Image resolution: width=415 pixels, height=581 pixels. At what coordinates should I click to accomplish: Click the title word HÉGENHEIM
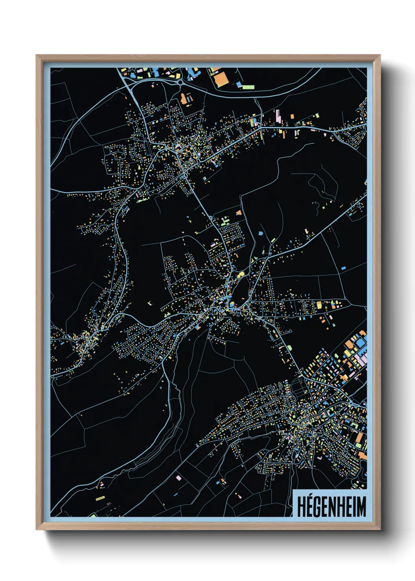[331, 506]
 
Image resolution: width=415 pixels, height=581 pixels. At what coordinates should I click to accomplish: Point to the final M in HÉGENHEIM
[360, 507]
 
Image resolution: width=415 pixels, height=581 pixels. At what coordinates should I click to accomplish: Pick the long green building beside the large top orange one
[248, 87]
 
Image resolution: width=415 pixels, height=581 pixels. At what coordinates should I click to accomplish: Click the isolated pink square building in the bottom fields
[178, 478]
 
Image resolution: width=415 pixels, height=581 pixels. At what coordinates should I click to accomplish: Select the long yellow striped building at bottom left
[100, 499]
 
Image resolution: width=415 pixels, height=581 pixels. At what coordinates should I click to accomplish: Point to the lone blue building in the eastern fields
[344, 268]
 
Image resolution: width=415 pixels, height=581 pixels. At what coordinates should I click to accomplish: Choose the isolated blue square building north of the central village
[260, 234]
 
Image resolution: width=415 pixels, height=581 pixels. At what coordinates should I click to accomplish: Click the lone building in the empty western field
[149, 303]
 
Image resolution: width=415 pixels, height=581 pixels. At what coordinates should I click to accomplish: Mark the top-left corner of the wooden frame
[36, 55]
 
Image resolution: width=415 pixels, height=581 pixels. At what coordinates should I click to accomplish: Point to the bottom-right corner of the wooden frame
[380, 529]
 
